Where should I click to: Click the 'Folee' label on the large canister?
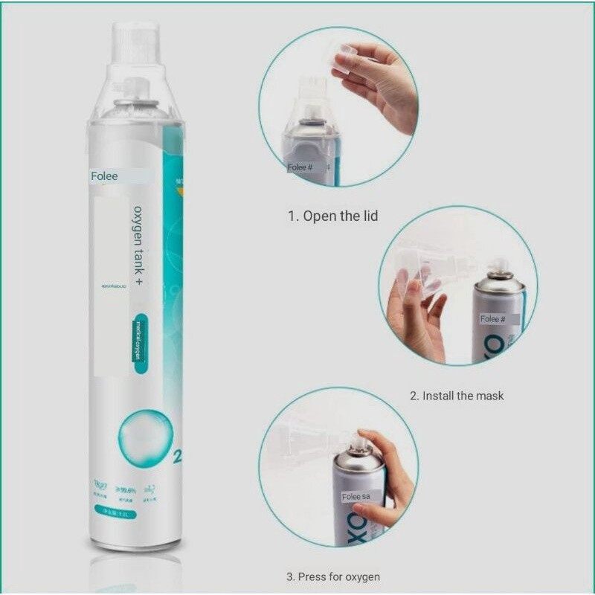105,177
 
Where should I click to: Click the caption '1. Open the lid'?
333,216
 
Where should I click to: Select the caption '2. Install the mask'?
457,396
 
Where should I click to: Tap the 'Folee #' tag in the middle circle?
492,318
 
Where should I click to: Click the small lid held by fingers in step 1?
344,58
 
